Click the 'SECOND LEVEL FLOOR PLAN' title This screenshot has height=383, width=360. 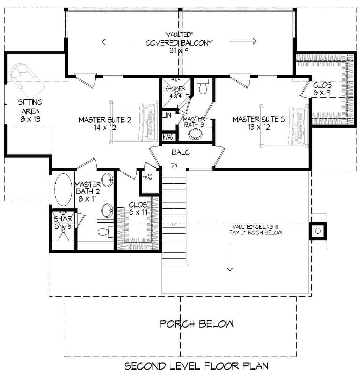pos(196,366)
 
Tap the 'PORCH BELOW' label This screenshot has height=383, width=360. pos(197,324)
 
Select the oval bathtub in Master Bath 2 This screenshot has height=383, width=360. pos(63,190)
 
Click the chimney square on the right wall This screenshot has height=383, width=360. pos(318,231)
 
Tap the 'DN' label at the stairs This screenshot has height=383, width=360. pos(174,165)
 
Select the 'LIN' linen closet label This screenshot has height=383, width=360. pos(167,115)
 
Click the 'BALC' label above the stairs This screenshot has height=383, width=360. pos(181,152)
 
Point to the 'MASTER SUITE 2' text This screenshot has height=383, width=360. pos(105,120)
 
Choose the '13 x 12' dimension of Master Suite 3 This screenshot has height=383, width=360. pos(259,127)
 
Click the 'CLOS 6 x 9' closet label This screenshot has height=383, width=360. pos(322,89)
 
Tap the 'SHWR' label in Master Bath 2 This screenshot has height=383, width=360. pos(63,218)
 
